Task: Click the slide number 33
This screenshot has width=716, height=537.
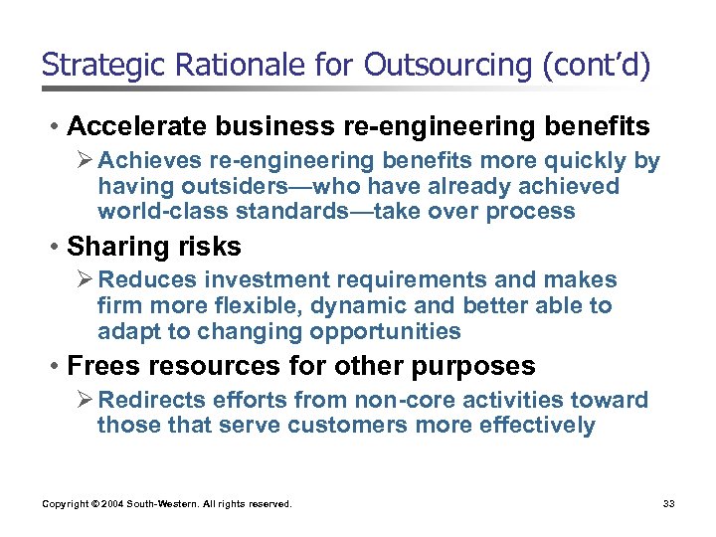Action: (668, 504)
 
